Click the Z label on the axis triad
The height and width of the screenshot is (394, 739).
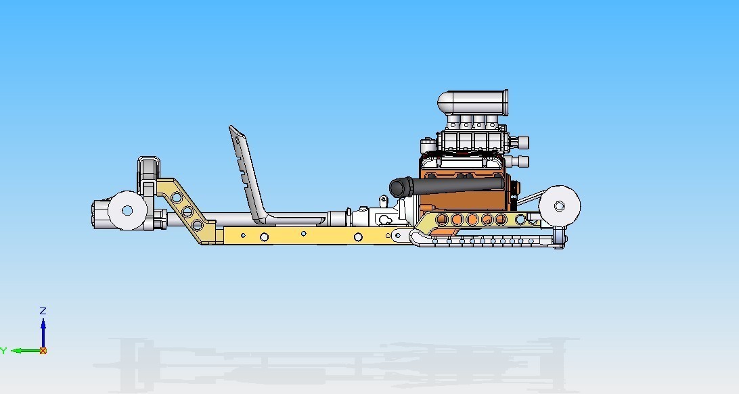pos(43,311)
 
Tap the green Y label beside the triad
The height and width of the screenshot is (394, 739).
pos(3,351)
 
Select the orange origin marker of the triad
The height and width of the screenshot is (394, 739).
pos(43,351)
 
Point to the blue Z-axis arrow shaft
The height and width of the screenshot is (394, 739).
pos(43,335)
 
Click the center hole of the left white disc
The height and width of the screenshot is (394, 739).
pos(127,210)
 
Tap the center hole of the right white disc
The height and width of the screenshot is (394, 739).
pos(560,205)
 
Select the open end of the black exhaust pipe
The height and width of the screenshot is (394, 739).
pos(397,187)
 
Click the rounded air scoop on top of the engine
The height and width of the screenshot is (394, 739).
pos(473,102)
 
